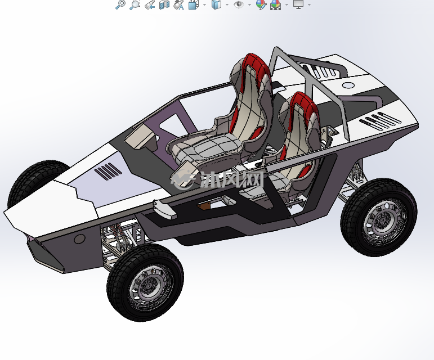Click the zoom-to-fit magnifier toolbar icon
[x=120, y=4]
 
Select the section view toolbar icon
[x=164, y=4]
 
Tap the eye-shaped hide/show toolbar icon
[x=238, y=4]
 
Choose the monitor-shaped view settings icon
[x=298, y=4]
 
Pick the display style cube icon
[x=217, y=4]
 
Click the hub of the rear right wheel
[x=383, y=220]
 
